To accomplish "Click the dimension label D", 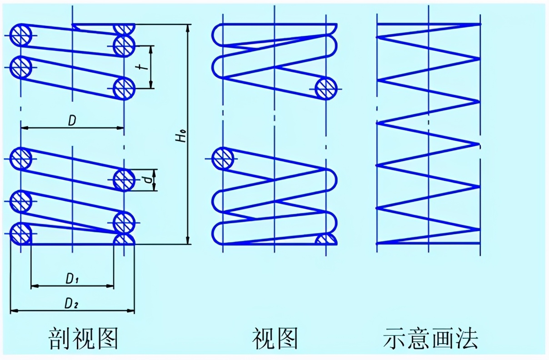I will coord(72,120).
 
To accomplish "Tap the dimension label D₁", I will coord(73,280).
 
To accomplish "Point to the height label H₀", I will coord(182,135).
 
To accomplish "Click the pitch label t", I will coord(143,66).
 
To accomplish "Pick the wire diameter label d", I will coord(147,180).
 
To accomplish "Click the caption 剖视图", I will coord(84,338).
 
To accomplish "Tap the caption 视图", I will coord(275,338).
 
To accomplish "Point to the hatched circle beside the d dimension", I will coord(124,180).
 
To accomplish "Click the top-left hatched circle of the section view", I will coord(20,35).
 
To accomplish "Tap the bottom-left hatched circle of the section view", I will coord(20,234).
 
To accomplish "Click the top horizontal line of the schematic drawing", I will coord(429,24).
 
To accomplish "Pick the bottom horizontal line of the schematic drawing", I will coord(429,243).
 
